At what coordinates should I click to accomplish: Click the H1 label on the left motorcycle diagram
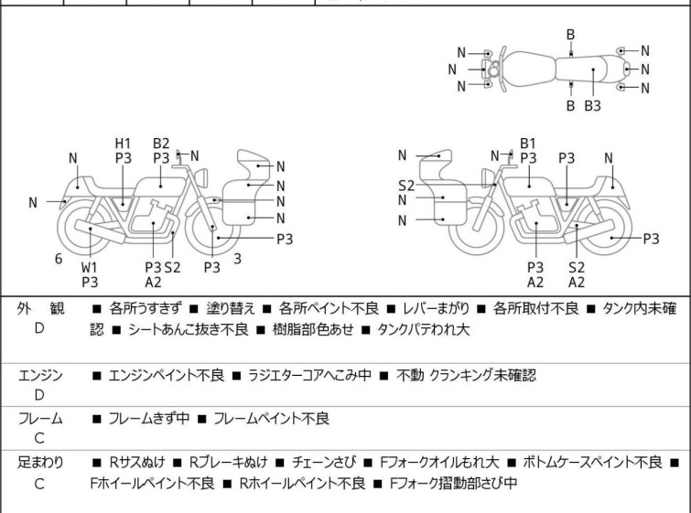124,143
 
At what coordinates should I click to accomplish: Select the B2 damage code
161,143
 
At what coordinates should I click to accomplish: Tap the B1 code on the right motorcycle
528,143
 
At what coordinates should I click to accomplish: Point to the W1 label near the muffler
89,267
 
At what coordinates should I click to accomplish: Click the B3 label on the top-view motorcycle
592,106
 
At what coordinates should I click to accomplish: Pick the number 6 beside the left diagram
59,259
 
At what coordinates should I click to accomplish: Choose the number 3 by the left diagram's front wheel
237,259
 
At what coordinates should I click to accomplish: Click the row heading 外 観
40,309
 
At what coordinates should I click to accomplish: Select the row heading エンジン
40,375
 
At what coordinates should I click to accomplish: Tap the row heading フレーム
40,419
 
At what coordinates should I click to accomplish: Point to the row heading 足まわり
40,463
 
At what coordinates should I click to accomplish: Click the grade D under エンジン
39,395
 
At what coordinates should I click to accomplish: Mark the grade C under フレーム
39,439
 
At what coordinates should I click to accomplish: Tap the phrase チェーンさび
340,463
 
